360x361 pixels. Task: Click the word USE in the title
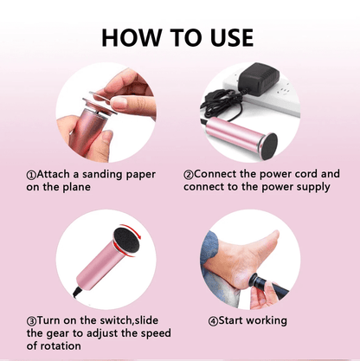232,38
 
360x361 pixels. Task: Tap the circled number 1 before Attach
31,175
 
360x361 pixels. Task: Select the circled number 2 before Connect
189,175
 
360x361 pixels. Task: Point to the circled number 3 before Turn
31,321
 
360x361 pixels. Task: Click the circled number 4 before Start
213,321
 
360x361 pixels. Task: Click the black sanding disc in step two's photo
268,146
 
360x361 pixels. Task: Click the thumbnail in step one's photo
119,101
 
